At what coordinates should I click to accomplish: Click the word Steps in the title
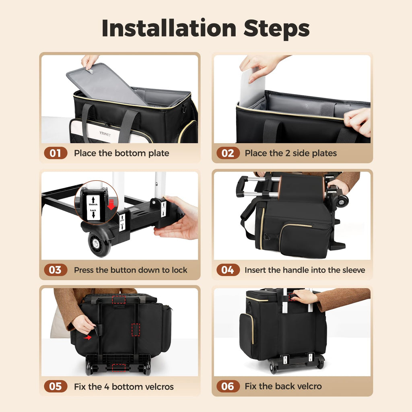[277, 28]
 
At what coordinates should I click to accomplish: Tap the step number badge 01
[56, 153]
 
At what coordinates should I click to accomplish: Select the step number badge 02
[228, 153]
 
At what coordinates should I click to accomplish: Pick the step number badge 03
[56, 270]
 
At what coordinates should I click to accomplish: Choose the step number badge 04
[228, 270]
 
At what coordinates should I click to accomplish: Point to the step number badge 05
[56, 387]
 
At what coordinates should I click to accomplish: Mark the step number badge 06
[228, 386]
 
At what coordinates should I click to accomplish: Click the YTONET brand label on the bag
[105, 134]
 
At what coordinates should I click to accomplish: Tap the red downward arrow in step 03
[111, 205]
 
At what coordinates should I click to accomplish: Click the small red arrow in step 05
[88, 337]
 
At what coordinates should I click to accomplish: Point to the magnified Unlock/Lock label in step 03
[93, 208]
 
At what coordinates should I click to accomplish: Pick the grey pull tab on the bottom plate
[90, 71]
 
